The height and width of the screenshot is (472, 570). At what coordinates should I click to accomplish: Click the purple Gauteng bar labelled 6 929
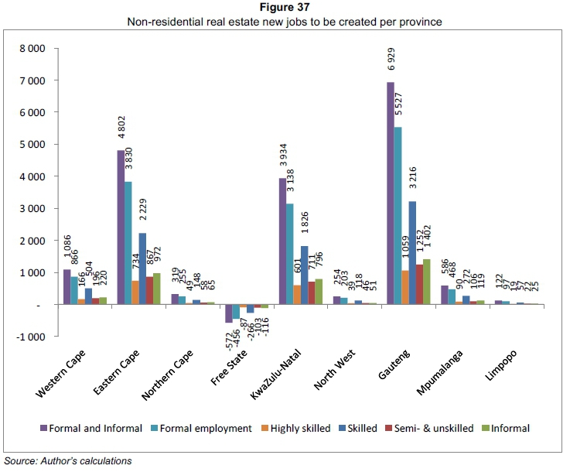pyautogui.click(x=391, y=193)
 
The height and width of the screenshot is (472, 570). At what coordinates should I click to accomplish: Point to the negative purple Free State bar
pyautogui.click(x=229, y=313)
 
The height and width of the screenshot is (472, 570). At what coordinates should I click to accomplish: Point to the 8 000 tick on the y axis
pyautogui.click(x=32, y=48)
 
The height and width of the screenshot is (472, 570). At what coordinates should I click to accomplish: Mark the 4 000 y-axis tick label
pyautogui.click(x=32, y=176)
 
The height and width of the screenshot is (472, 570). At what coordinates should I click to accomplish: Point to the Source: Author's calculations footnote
pyautogui.click(x=67, y=461)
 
